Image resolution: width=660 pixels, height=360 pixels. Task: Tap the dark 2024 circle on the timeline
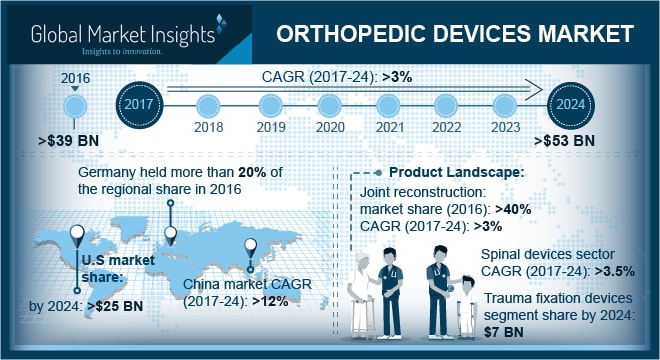click(x=570, y=103)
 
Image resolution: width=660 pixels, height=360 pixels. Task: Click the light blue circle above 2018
click(x=208, y=103)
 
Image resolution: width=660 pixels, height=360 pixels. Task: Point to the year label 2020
click(x=331, y=128)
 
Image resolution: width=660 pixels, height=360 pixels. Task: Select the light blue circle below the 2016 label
click(x=73, y=104)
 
